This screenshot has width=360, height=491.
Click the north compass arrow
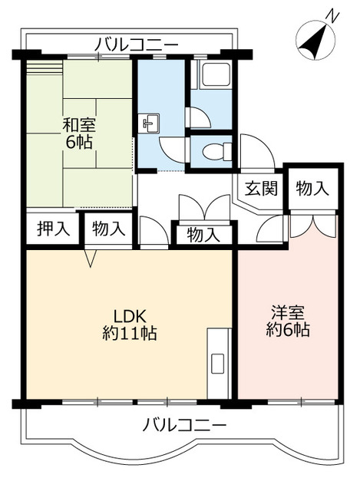coord(313,42)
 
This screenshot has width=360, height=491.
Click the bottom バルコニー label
coord(185,424)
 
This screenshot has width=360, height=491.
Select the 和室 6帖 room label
coord(78,132)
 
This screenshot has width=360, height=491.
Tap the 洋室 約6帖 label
coord(289,321)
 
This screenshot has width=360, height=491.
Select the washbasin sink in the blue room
coord(150,121)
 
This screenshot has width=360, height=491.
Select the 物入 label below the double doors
coord(203,235)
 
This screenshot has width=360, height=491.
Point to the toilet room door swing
coord(197,117)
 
